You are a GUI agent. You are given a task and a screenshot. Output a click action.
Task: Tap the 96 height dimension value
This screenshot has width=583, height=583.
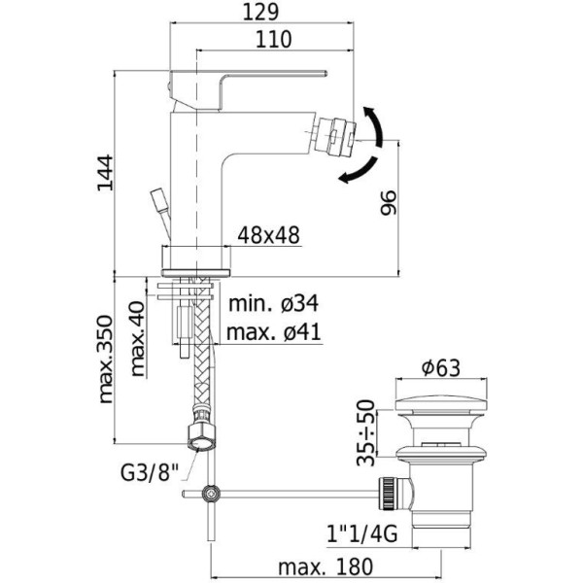388,202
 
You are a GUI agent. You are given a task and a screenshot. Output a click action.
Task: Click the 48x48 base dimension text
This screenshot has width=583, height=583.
268,235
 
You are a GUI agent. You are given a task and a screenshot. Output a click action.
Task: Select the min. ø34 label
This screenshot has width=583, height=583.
272,305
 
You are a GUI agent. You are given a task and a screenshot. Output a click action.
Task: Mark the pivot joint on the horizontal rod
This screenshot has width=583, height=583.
211,495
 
